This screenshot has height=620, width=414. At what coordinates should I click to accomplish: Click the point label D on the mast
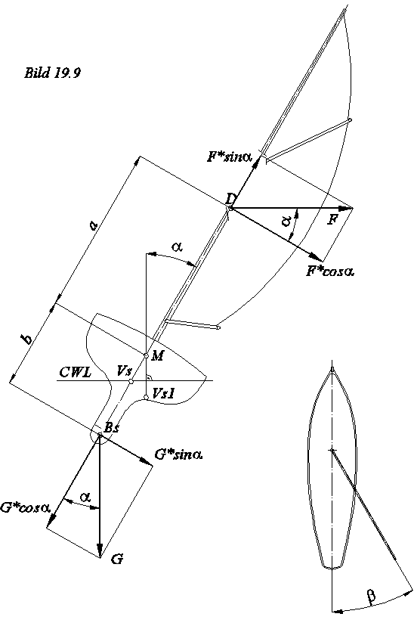(x=230, y=198)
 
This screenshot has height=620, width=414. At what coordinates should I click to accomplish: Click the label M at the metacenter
(x=158, y=355)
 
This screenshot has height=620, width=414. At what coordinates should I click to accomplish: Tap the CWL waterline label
(x=74, y=372)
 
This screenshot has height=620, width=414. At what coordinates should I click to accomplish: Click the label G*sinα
(x=179, y=455)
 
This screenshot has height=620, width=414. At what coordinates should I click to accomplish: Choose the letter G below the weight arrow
(x=116, y=560)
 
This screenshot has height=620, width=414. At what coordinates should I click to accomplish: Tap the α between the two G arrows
(x=85, y=497)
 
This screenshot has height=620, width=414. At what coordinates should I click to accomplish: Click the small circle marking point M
(x=147, y=355)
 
